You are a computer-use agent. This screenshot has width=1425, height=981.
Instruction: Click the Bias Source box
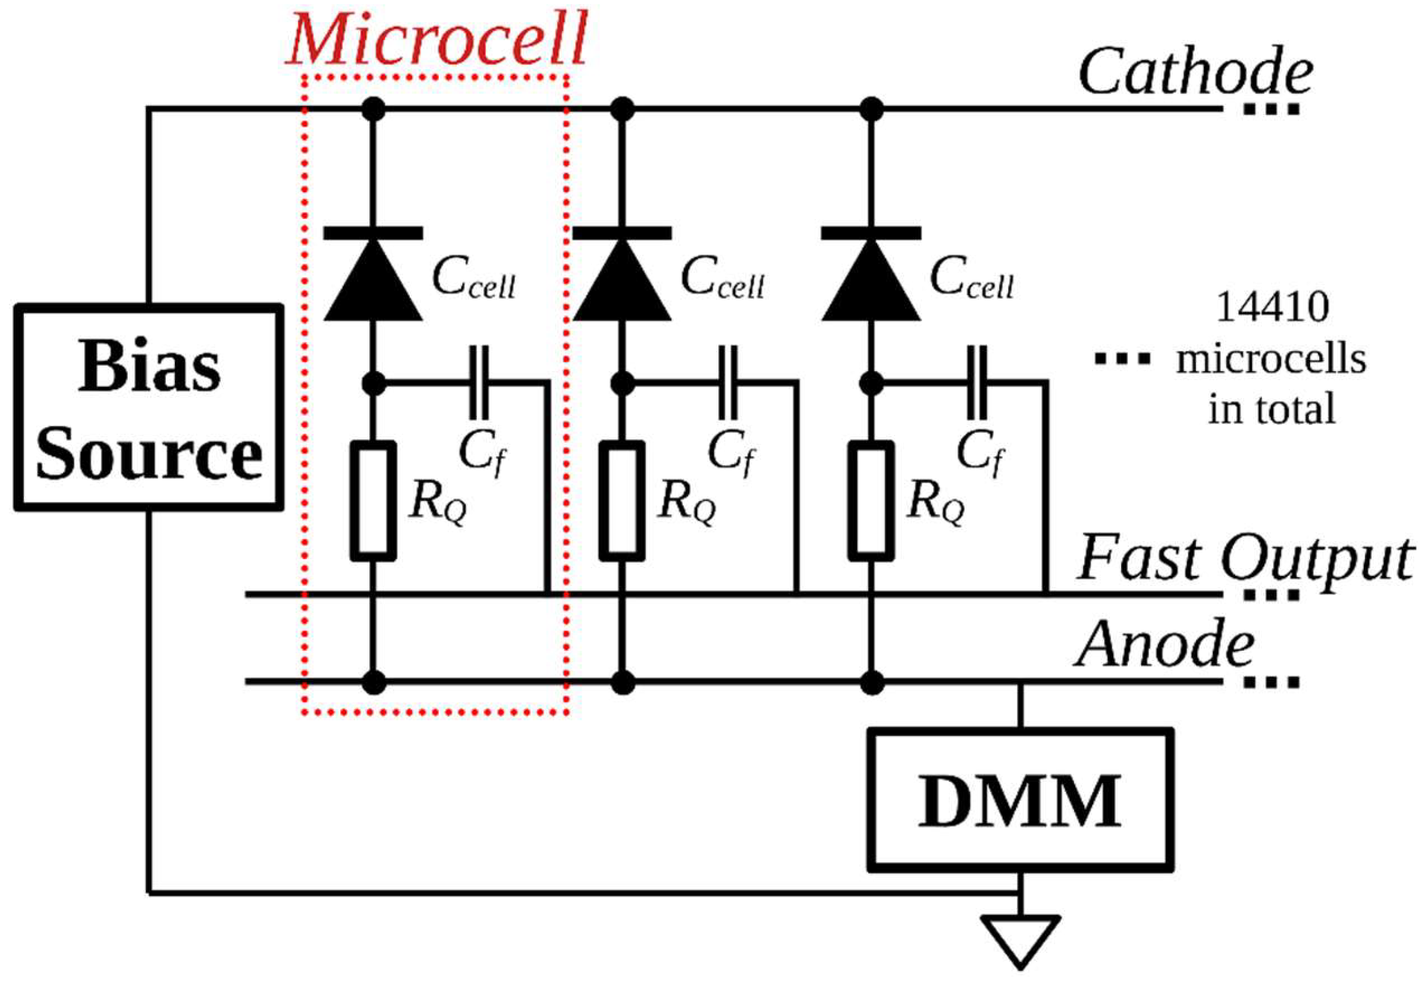coord(149,408)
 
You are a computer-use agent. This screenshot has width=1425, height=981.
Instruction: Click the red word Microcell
coord(437,40)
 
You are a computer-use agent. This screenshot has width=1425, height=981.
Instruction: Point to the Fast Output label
coord(1247,558)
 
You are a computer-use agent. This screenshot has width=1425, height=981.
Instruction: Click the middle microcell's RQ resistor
coord(622,501)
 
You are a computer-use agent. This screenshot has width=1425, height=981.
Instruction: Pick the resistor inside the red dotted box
coord(373,501)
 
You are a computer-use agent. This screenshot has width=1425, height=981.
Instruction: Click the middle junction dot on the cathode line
coord(622,110)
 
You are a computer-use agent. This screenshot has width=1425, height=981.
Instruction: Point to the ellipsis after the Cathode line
coord(1272,110)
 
